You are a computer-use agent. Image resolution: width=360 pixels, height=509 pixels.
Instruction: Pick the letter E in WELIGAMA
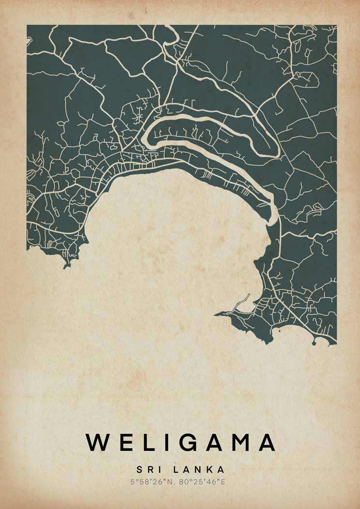pos(125,442)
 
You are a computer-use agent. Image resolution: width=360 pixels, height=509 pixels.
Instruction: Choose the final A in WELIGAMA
pos(267,442)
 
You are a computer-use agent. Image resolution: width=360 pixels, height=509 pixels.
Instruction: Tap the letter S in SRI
pos(139,470)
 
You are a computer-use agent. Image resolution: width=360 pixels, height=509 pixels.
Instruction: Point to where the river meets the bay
pos(274,220)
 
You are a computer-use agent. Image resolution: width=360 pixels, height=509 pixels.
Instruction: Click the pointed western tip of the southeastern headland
pos(216,314)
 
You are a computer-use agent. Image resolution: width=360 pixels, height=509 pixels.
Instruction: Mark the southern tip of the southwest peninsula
pos(66,266)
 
